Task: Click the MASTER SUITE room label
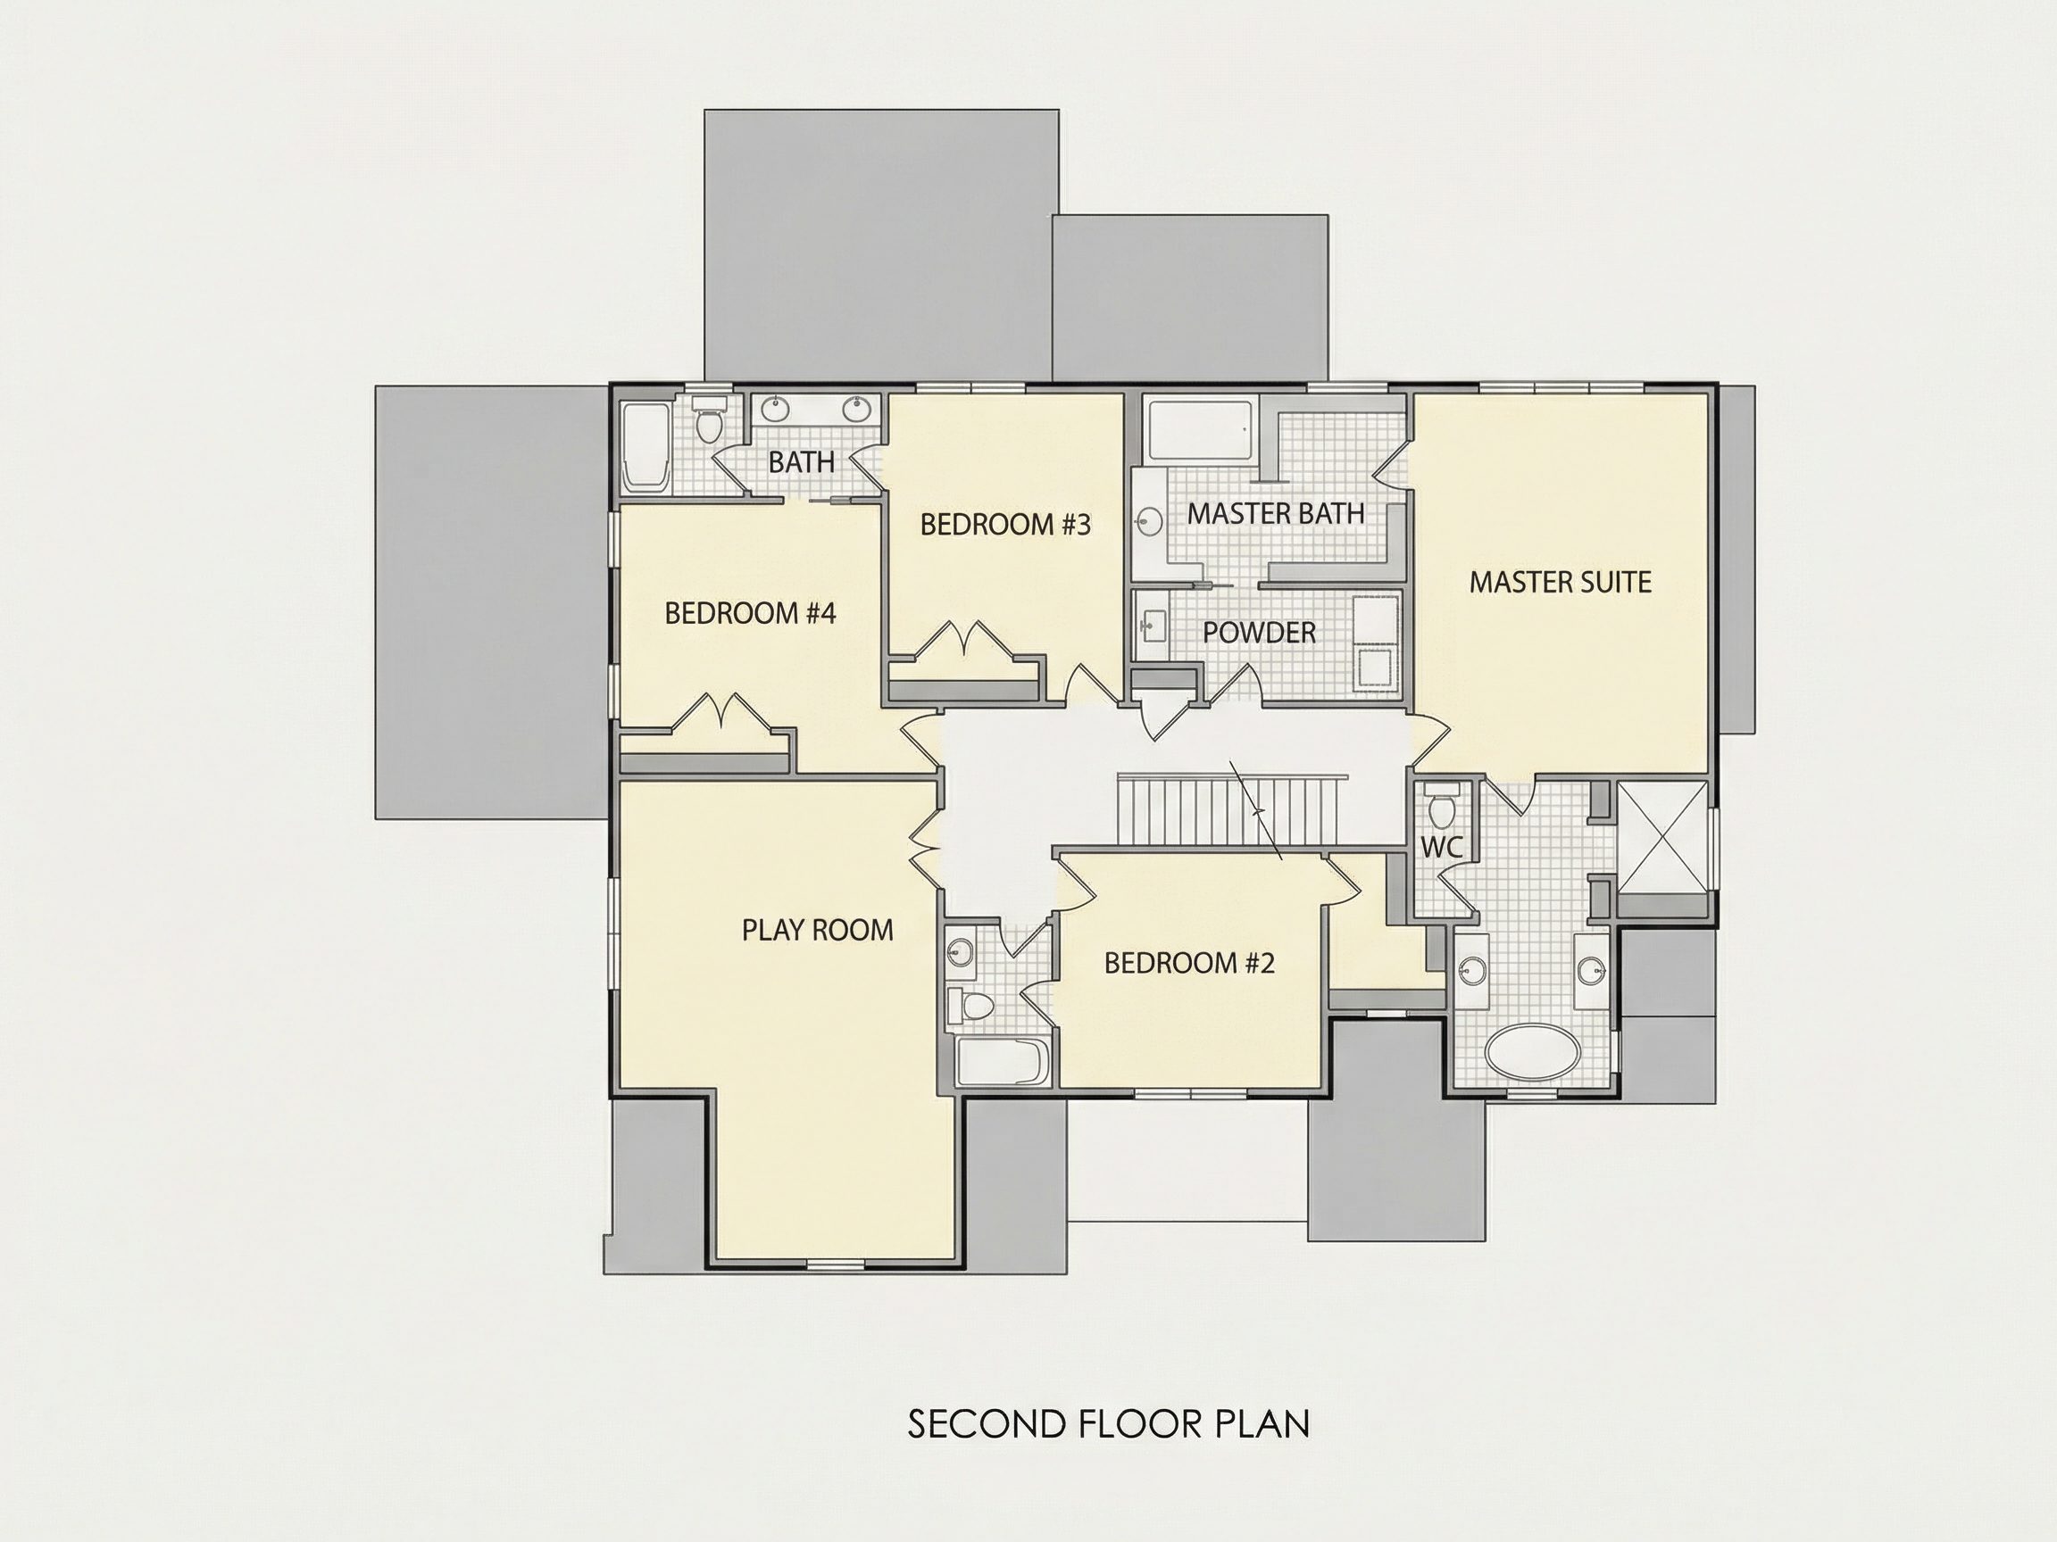pyautogui.click(x=1561, y=583)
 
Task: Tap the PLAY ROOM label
pyautogui.click(x=818, y=931)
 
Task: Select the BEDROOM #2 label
pyautogui.click(x=1189, y=963)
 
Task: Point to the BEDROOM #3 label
pyautogui.click(x=1005, y=525)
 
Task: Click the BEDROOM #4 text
pyautogui.click(x=751, y=613)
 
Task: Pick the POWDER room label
pyautogui.click(x=1259, y=633)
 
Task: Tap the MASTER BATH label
pyautogui.click(x=1276, y=513)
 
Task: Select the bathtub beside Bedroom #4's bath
pyautogui.click(x=645, y=448)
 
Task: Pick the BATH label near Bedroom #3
pyautogui.click(x=802, y=462)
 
